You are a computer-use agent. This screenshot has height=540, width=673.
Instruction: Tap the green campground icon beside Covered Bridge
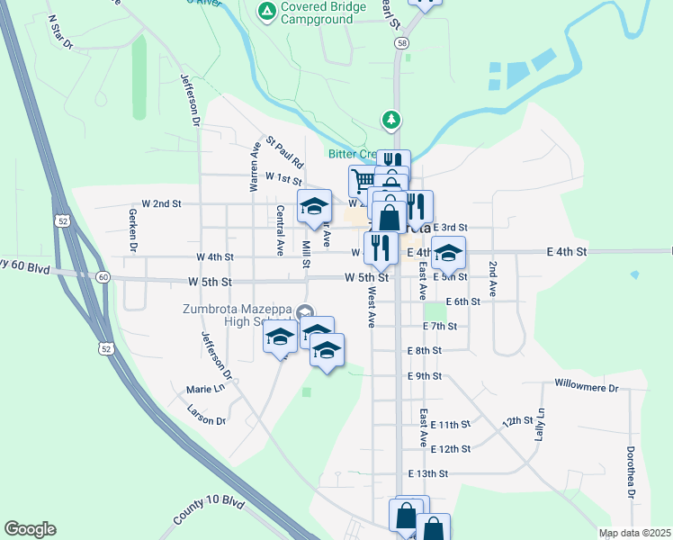(266, 11)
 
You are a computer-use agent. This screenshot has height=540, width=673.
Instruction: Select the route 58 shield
(400, 42)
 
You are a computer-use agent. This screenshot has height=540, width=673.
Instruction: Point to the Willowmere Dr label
(588, 388)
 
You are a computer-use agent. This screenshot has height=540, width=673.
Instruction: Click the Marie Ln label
(204, 389)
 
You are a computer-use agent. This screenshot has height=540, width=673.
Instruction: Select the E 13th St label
(427, 473)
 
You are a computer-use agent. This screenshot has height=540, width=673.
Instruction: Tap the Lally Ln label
(541, 424)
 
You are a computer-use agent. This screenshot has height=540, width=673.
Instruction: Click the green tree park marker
(390, 119)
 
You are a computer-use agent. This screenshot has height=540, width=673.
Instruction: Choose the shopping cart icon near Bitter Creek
(362, 180)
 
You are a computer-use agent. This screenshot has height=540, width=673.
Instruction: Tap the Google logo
(30, 528)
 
